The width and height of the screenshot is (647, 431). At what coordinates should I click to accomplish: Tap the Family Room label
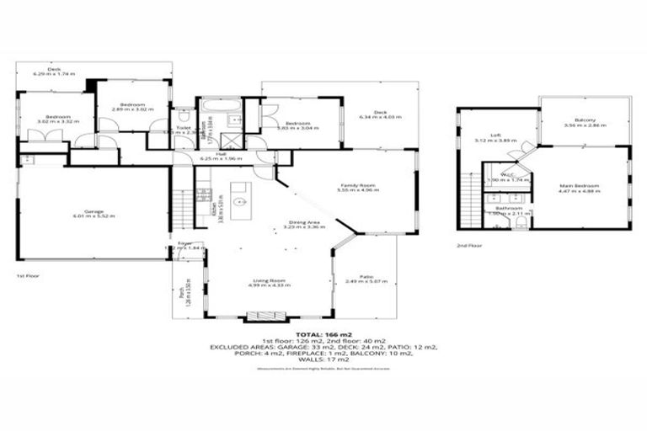pos(357,185)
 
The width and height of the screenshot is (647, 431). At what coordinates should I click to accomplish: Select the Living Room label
pos(269,282)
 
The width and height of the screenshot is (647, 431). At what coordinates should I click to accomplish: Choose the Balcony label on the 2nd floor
pos(585,120)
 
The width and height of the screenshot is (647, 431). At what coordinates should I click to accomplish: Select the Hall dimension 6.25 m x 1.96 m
pos(221,159)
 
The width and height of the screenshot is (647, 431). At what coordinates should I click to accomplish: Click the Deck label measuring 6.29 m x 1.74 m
pos(54,72)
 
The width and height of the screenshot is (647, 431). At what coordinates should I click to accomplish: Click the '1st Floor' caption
pos(27,275)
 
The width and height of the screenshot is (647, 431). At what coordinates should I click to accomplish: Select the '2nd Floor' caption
pos(468,245)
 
